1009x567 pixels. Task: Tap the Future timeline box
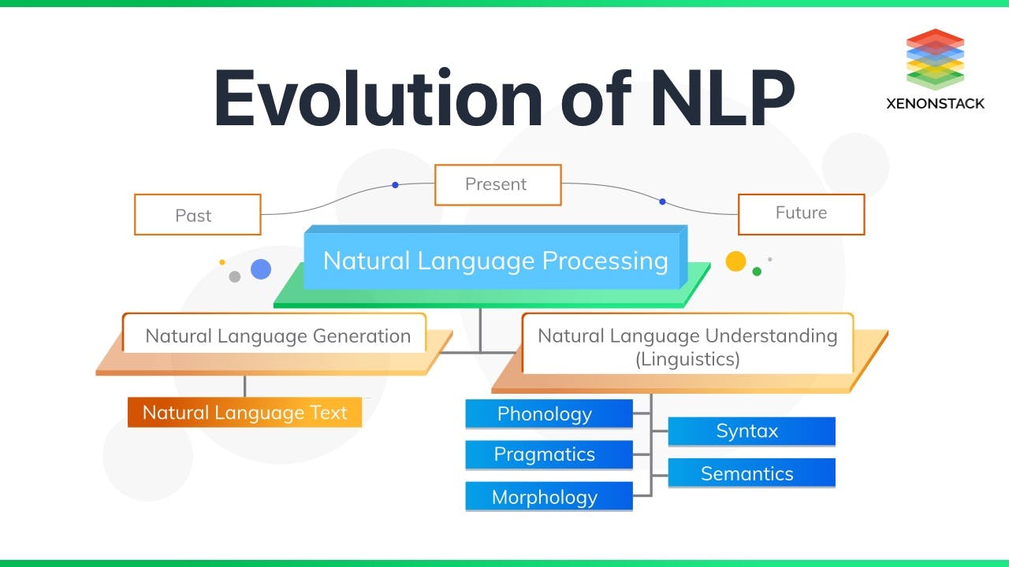(x=801, y=213)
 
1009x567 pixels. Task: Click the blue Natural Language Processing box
(x=495, y=260)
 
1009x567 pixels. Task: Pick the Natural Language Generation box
(x=277, y=335)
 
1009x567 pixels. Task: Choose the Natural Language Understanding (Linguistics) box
(x=687, y=346)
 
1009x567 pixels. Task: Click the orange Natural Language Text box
(x=244, y=413)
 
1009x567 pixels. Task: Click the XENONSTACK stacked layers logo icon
(x=935, y=58)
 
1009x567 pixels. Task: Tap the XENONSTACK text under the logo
(x=935, y=103)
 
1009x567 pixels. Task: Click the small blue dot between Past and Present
(x=395, y=185)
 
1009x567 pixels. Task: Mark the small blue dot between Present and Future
(x=662, y=202)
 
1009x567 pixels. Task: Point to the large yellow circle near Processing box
(x=735, y=261)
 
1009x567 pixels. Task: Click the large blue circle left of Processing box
(x=261, y=269)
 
